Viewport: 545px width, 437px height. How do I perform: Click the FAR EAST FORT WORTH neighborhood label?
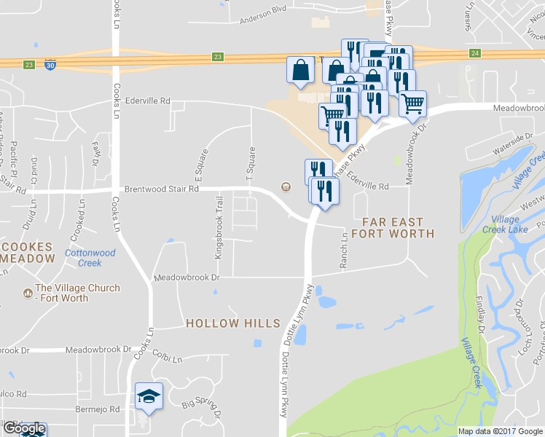click(393, 227)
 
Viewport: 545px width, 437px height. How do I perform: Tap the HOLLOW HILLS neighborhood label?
click(232, 323)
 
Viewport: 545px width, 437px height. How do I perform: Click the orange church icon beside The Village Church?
click(27, 294)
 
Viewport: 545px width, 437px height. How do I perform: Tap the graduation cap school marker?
click(149, 396)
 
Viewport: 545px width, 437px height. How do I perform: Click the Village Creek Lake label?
click(505, 224)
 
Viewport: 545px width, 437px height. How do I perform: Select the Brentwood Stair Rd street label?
click(161, 188)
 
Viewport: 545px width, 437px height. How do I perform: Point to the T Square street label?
click(251, 164)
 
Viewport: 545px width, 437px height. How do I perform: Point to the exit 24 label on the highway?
click(475, 53)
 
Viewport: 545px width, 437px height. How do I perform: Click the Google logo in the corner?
click(24, 429)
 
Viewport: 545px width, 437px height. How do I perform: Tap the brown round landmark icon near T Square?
click(286, 187)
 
